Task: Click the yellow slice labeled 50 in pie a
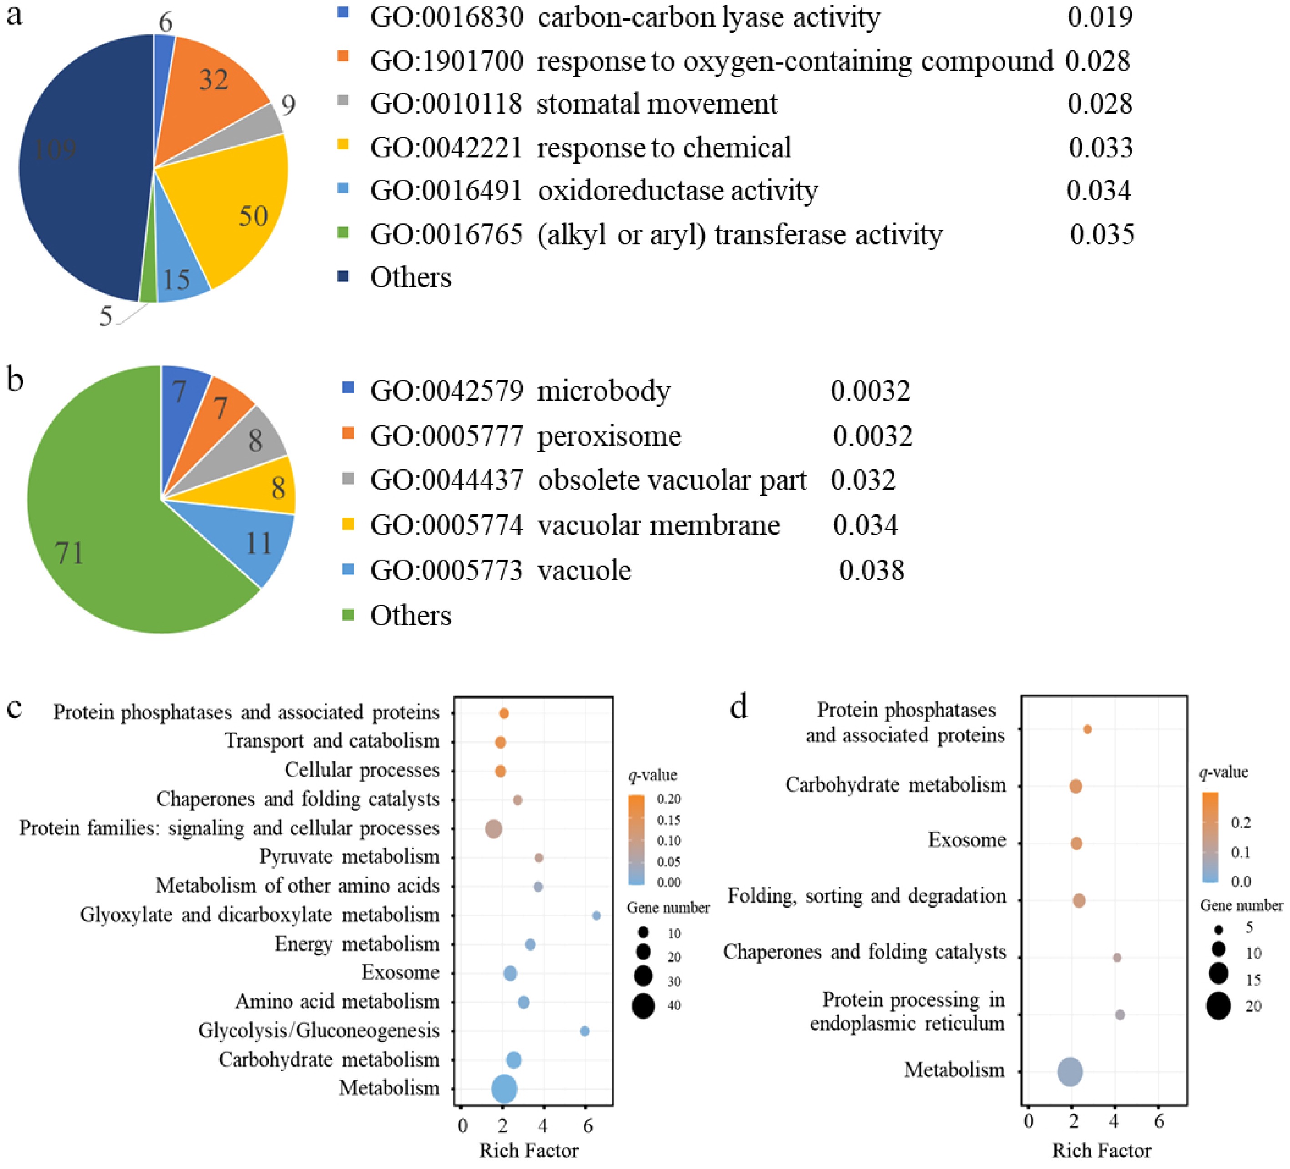237,205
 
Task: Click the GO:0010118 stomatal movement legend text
573,104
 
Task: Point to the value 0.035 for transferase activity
1102,235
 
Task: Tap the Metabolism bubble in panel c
504,1088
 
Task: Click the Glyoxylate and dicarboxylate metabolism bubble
597,916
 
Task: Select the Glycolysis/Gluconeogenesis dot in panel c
584,1031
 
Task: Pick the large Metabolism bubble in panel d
1071,1072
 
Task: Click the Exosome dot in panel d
1076,843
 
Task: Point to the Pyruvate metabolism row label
349,857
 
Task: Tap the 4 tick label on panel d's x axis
1115,1122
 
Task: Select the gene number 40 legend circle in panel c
643,1005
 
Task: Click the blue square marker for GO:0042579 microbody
348,387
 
